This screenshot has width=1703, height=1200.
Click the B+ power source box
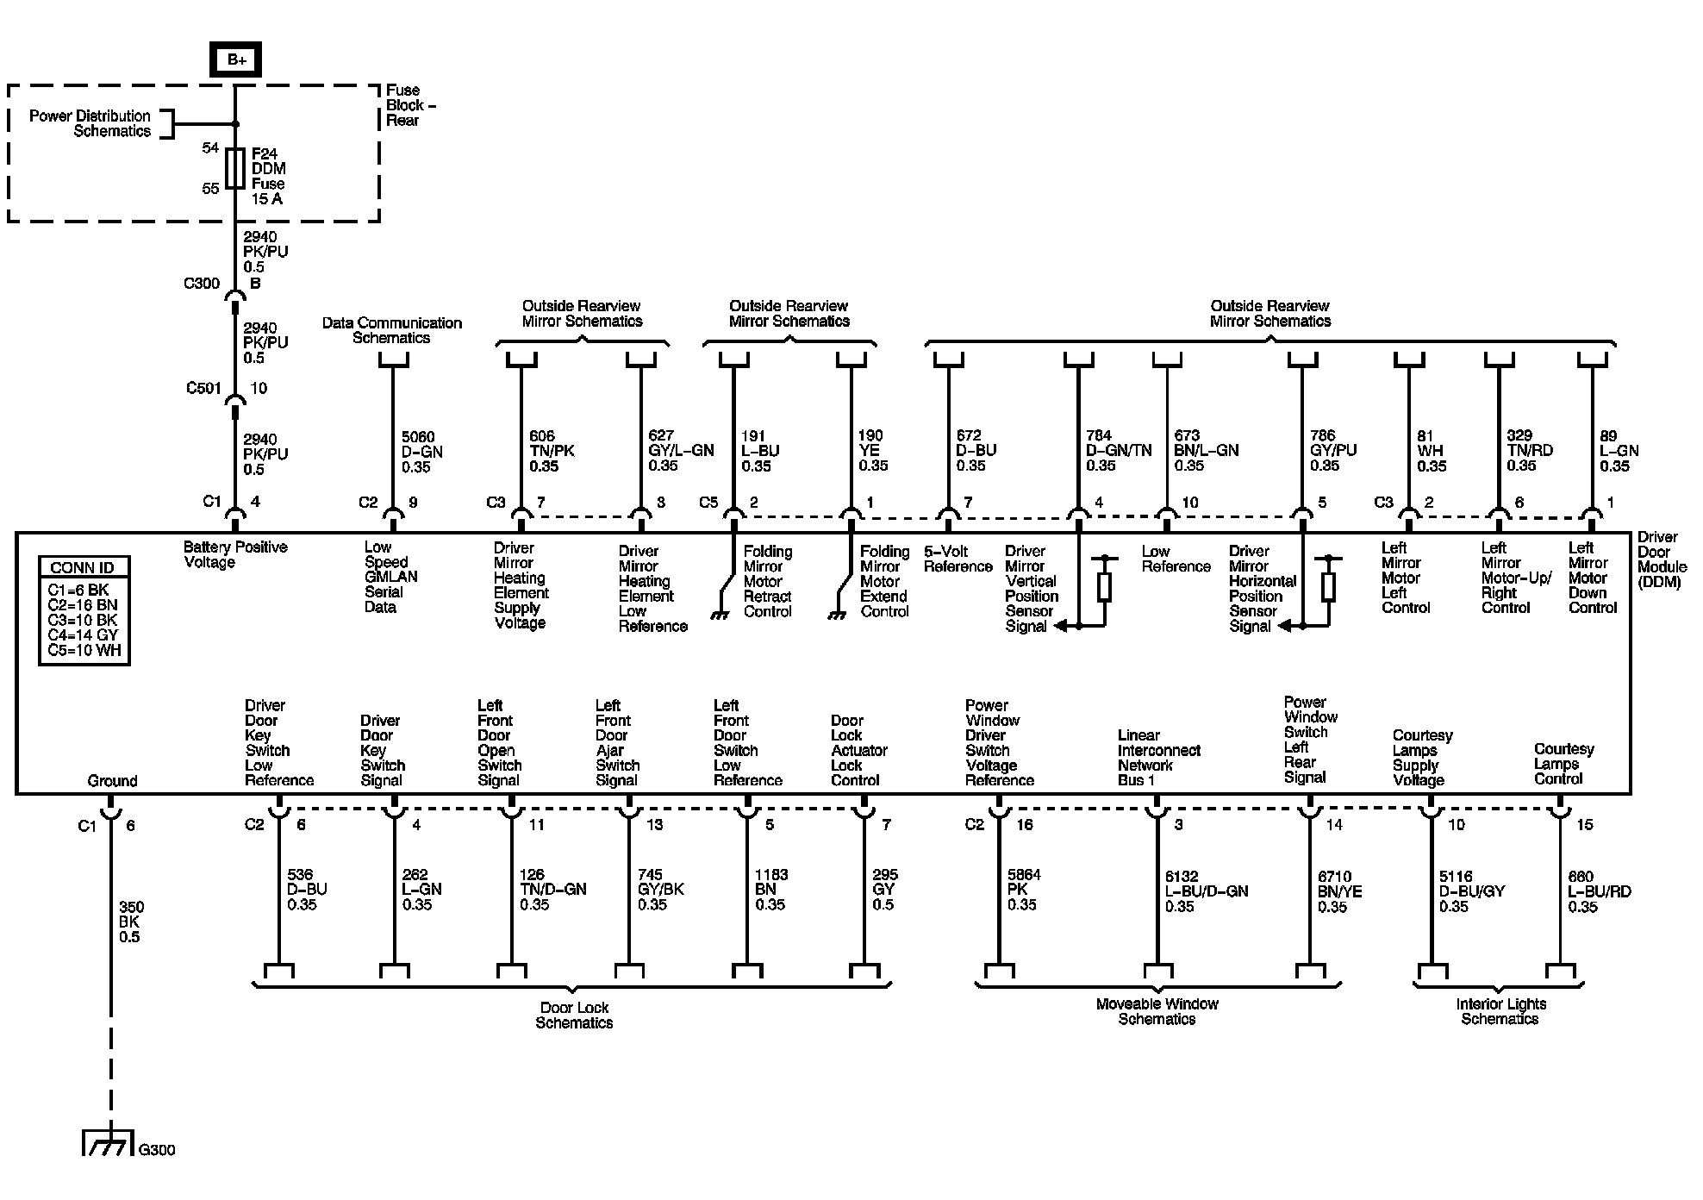[x=236, y=60]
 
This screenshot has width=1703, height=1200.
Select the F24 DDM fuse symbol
[x=234, y=168]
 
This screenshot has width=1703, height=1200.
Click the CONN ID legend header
[x=84, y=567]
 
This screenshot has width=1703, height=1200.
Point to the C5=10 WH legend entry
[x=84, y=650]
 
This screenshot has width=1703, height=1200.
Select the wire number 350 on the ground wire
[x=131, y=907]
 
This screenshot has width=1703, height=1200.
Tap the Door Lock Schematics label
[x=574, y=1015]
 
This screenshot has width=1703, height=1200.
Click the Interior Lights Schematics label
[x=1500, y=1011]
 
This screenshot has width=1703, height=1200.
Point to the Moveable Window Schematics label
[x=1157, y=1011]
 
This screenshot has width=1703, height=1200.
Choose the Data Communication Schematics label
[x=391, y=330]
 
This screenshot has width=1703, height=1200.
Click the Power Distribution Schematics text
[x=90, y=123]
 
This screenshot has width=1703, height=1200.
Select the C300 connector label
[x=202, y=284]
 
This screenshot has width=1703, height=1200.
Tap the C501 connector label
[x=204, y=389]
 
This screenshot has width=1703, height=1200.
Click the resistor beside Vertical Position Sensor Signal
[x=1104, y=587]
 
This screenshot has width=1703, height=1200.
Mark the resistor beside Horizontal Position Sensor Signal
[x=1328, y=587]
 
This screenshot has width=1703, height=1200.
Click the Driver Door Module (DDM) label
[x=1661, y=559]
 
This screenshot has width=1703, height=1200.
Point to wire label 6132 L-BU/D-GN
[x=1206, y=891]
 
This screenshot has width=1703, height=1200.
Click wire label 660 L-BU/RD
[x=1599, y=891]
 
